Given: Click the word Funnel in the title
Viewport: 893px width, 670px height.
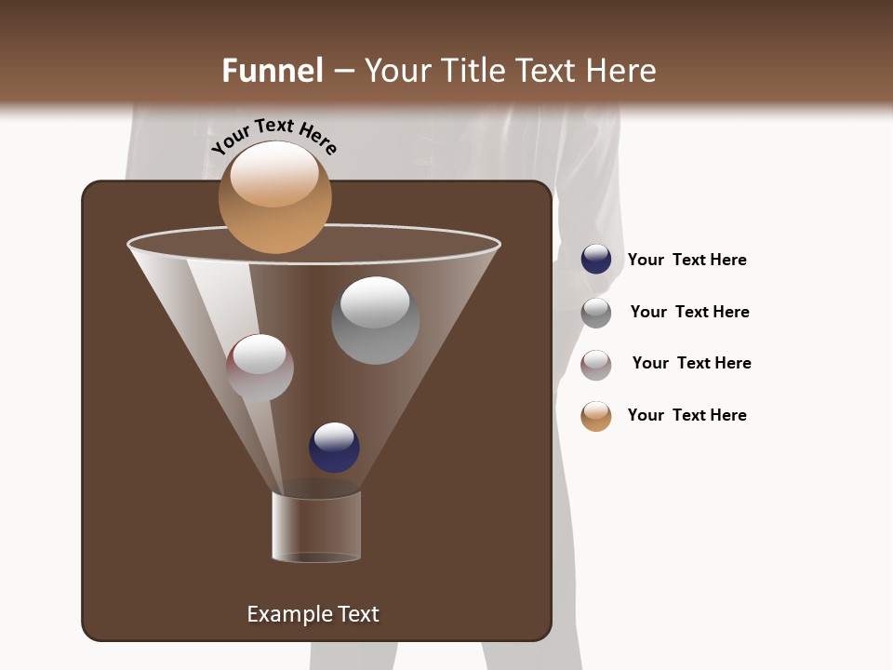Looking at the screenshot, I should tap(272, 71).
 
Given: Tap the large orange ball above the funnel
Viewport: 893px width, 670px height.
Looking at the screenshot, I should tap(274, 197).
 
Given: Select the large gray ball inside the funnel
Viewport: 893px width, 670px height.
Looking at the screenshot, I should tap(375, 321).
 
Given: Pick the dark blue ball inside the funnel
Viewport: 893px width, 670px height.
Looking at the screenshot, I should tap(334, 448).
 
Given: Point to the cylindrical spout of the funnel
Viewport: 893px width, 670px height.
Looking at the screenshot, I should tap(316, 527).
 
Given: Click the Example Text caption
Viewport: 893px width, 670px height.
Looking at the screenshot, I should tap(313, 614).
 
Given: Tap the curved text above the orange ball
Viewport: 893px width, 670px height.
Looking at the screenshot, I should tap(273, 136).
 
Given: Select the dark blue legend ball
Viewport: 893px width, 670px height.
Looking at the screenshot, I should tap(596, 260).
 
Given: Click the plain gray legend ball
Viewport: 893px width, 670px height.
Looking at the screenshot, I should tap(596, 313).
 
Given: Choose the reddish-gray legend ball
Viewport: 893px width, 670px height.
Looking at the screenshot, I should tap(596, 365).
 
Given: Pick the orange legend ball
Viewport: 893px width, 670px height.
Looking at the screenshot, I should tap(596, 416).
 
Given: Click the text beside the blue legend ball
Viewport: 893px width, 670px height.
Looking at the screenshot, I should tap(686, 260).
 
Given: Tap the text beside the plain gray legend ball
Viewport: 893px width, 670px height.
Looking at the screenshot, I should tap(689, 312).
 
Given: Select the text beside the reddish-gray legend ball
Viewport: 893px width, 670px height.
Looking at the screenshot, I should tap(691, 363).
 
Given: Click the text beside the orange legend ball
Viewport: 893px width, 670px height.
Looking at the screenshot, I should tap(686, 415).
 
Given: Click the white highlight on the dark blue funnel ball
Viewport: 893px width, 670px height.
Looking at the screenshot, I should tap(334, 435).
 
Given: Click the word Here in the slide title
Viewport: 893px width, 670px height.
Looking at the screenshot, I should tap(620, 71).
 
